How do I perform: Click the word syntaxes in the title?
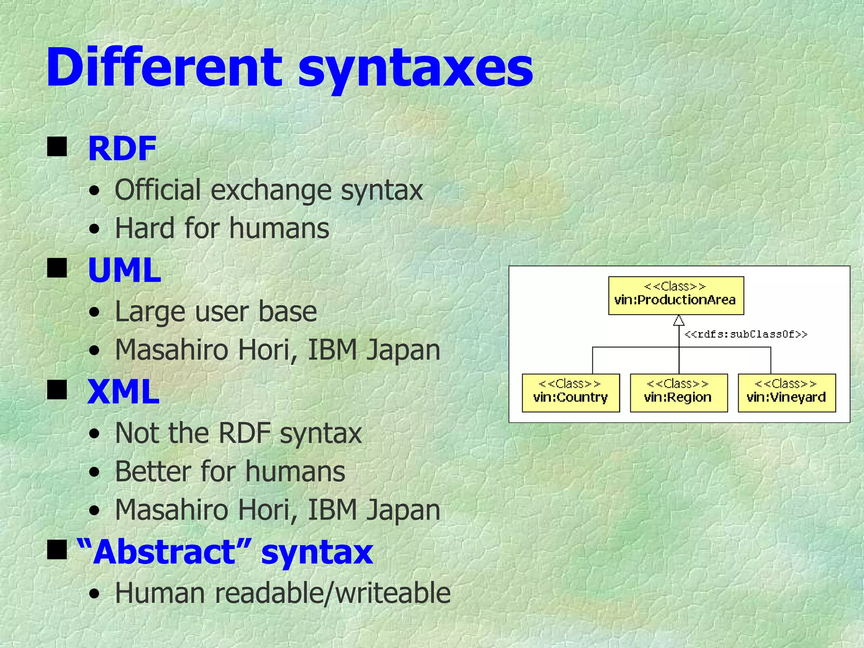[415, 70]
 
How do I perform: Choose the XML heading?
[123, 391]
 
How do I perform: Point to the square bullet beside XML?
[57, 390]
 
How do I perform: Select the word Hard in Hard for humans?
[145, 228]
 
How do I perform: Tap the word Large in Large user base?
[150, 311]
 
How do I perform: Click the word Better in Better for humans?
[153, 471]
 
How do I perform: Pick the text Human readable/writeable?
[283, 593]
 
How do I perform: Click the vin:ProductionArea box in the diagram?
[676, 295]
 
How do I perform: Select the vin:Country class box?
[570, 392]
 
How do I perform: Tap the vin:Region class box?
[678, 392]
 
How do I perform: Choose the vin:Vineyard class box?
[786, 392]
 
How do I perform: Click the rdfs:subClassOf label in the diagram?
[745, 335]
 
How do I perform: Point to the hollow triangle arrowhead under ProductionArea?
[678, 321]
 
